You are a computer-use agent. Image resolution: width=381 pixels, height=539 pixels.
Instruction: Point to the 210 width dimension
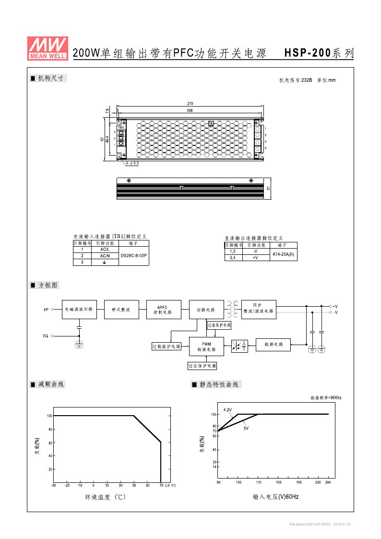point(190,104)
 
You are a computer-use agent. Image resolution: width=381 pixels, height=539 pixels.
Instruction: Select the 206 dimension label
point(190,111)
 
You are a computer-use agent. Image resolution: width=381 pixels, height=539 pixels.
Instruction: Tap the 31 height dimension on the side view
point(269,188)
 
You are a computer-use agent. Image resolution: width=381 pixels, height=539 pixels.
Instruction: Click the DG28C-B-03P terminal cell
point(134,256)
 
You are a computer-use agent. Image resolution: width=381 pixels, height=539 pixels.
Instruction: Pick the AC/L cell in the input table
point(105,250)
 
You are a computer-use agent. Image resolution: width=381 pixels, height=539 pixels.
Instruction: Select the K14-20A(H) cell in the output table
point(284,254)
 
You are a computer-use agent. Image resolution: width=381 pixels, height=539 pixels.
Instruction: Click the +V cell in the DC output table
point(255,258)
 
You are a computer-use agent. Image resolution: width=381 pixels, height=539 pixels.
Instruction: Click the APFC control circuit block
point(164,310)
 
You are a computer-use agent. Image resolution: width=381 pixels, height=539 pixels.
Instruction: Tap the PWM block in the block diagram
point(206,347)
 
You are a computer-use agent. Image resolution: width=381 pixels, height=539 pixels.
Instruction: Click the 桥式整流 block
point(121,310)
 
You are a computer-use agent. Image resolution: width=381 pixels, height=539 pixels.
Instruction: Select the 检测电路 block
point(274,345)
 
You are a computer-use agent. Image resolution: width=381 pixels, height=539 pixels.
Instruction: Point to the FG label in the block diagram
point(46,336)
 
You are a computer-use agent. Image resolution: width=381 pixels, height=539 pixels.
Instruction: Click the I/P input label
point(46,310)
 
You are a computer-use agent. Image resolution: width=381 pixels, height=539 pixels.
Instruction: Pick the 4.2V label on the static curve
point(227,410)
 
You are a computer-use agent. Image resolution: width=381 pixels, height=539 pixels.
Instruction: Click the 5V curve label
point(246,428)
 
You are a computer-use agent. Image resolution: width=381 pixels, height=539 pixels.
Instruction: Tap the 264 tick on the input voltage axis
point(328,482)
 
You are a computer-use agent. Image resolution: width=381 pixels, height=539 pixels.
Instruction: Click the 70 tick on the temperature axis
point(161,486)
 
